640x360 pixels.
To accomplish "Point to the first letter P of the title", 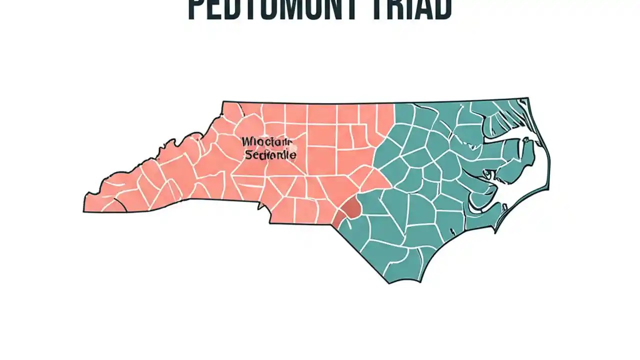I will [196, 10].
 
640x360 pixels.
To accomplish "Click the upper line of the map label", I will [266, 142].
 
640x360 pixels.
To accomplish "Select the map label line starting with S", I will [270, 155].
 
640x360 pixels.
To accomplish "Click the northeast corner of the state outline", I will [527, 98].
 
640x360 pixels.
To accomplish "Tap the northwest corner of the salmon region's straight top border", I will [223, 102].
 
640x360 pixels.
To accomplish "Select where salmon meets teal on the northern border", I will [394, 104].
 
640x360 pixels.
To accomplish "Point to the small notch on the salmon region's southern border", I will [259, 205].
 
